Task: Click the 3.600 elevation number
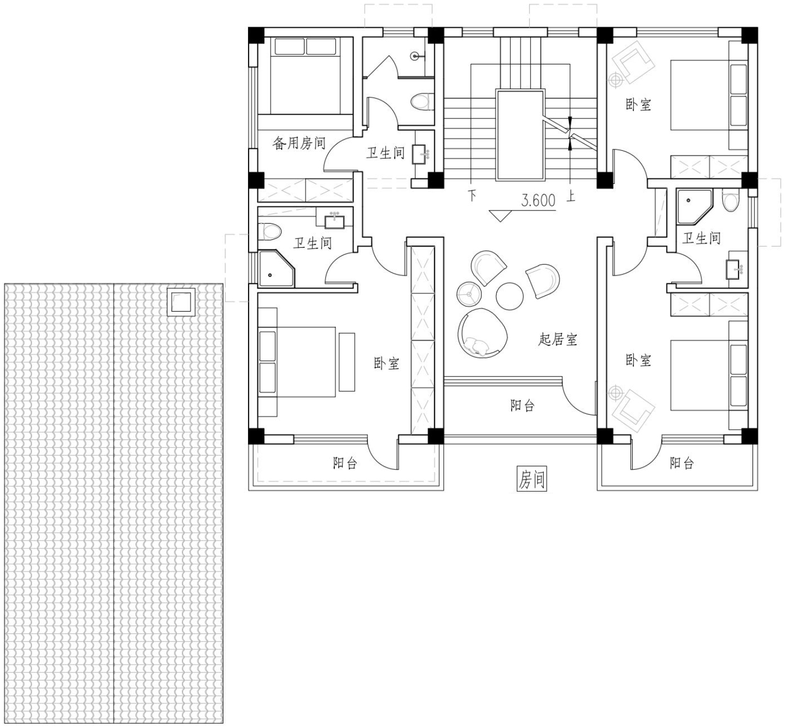(539, 200)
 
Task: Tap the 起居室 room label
(558, 339)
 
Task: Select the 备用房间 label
(299, 143)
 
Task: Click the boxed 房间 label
(532, 479)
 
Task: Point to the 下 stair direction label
(472, 195)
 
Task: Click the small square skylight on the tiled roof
(181, 302)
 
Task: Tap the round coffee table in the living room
(510, 296)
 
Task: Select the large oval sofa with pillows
(482, 333)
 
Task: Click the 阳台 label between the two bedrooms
(522, 405)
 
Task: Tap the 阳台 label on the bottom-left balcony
(345, 462)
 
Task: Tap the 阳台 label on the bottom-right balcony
(682, 463)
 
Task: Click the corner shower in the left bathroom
(276, 268)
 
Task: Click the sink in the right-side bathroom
(733, 269)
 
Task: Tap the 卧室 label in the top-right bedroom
(638, 105)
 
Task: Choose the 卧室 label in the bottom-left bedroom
(387, 363)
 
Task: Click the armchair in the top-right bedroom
(633, 61)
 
